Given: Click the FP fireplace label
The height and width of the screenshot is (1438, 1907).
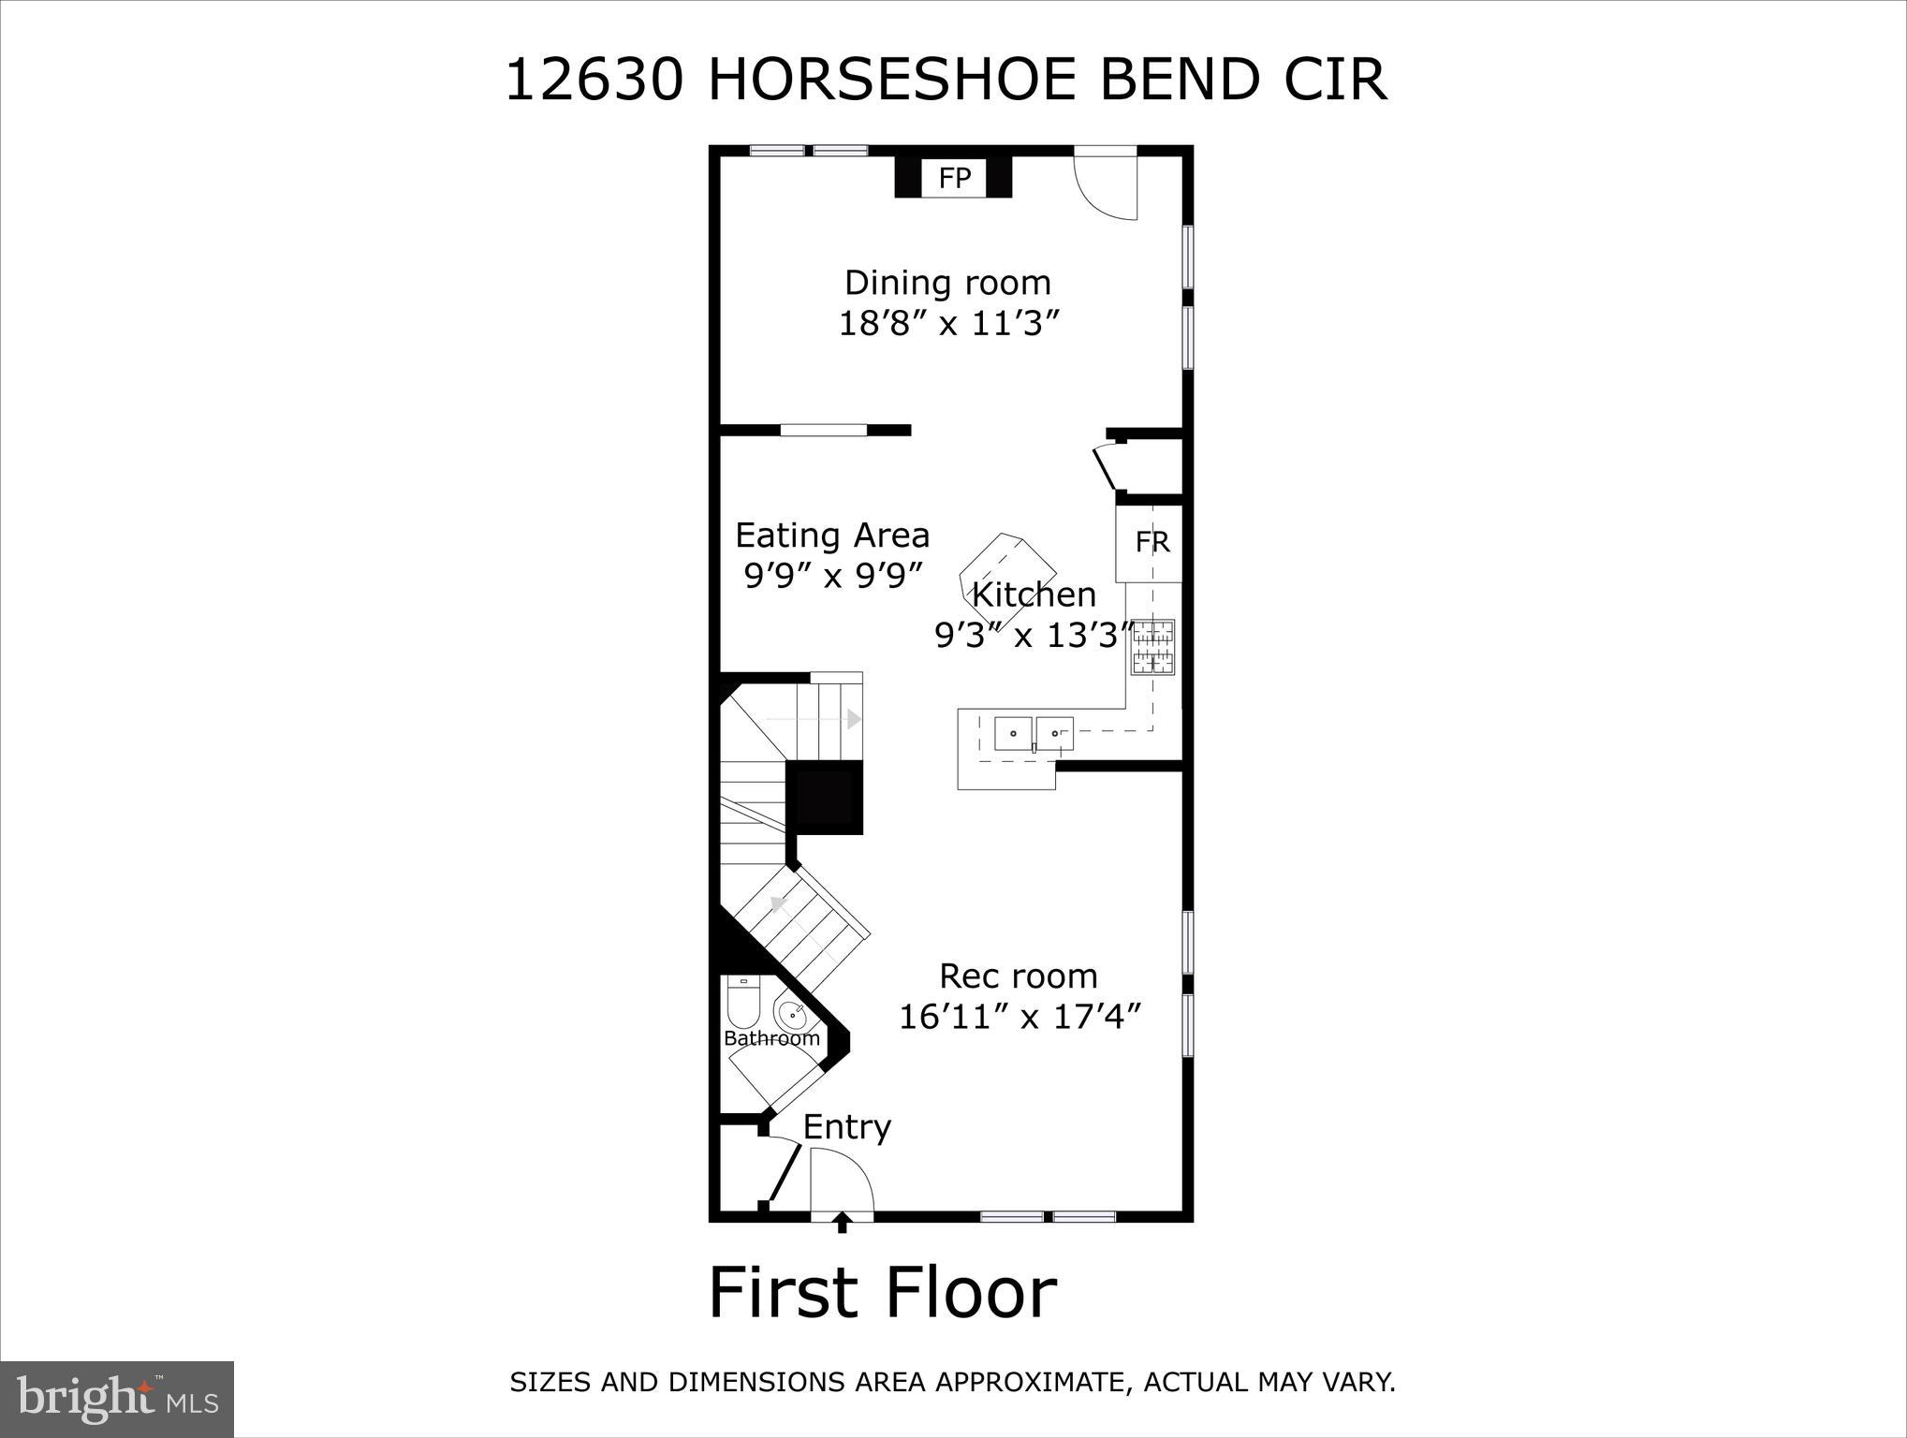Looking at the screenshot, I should (954, 178).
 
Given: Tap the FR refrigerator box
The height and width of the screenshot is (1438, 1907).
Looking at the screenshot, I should (1152, 542).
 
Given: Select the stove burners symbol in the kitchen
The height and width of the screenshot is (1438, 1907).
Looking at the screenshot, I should (1153, 647).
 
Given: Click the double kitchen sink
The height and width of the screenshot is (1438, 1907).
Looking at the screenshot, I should (1033, 733).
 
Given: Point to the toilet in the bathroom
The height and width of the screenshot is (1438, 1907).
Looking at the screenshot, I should (743, 1004).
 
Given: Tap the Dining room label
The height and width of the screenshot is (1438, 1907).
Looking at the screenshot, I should (947, 283).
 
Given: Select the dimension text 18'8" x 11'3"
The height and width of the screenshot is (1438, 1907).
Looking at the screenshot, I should (949, 324).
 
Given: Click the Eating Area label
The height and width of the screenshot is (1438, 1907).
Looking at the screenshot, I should (832, 536).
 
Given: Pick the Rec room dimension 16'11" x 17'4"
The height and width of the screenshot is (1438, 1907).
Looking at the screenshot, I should (1020, 1017).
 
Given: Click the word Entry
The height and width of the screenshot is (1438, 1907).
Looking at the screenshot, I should (846, 1127).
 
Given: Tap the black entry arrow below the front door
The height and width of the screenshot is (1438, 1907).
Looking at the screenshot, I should (842, 1222).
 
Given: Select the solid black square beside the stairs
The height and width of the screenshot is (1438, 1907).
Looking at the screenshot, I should (824, 796).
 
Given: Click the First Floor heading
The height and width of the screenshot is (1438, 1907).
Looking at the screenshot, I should (882, 1293).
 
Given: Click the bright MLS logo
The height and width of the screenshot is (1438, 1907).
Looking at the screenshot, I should (117, 1399).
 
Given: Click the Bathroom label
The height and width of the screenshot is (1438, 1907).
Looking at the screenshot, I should (771, 1038).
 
